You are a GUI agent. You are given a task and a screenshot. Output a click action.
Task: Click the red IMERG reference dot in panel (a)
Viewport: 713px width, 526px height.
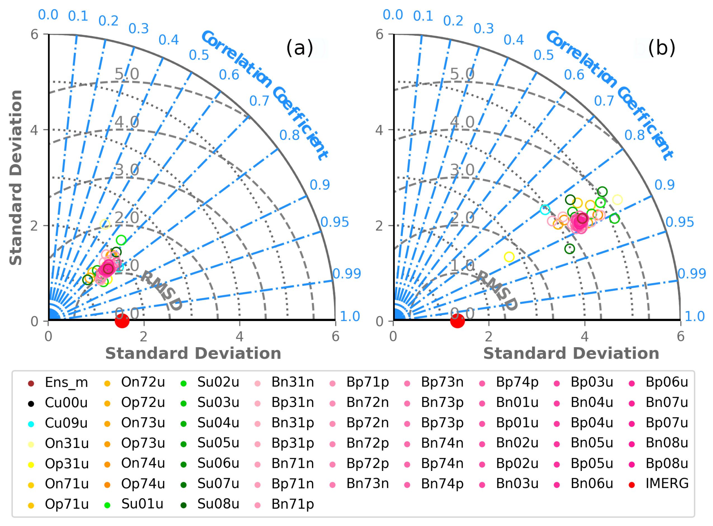click(x=122, y=321)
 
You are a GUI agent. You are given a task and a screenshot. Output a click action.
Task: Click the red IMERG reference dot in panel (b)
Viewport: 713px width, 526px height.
click(x=458, y=321)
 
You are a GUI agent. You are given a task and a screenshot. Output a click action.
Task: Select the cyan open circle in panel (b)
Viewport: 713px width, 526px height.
click(x=545, y=210)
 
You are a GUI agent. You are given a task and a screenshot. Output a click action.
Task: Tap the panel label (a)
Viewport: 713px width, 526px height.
click(x=300, y=48)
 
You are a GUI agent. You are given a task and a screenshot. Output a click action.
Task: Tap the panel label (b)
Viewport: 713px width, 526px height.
click(x=662, y=48)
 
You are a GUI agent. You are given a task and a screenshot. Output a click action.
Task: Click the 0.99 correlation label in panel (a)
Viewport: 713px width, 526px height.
click(x=347, y=273)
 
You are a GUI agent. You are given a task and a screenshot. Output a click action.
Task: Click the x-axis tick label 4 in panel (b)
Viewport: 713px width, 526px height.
click(x=585, y=337)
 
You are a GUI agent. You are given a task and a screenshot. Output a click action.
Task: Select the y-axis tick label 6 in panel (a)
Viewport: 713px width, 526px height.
click(x=34, y=34)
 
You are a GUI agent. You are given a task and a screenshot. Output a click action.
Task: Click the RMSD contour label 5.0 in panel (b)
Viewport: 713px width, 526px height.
click(x=462, y=74)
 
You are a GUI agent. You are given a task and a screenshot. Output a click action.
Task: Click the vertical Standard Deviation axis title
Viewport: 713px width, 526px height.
click(x=16, y=177)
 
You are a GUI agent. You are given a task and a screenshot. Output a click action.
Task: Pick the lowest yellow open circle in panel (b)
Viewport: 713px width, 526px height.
click(x=509, y=257)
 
